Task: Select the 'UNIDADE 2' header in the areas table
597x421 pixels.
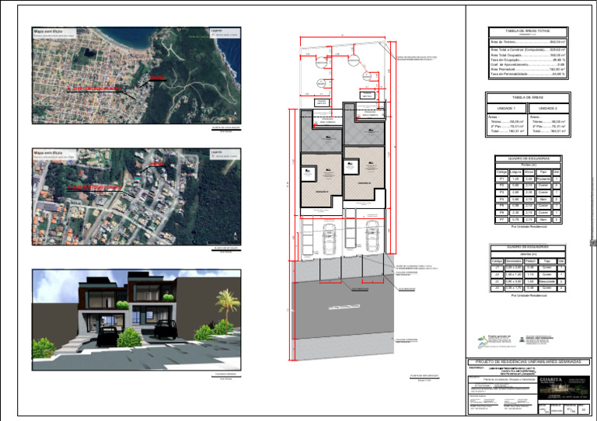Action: click(x=548, y=109)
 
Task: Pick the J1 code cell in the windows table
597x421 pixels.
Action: click(x=496, y=268)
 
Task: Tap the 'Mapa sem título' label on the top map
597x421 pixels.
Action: click(x=49, y=33)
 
